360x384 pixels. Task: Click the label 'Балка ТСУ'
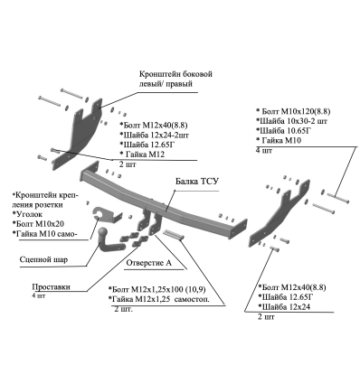coord(197,182)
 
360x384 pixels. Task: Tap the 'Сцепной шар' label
coord(43,259)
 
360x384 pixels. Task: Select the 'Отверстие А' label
coord(148,263)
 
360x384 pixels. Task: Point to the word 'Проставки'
coord(51,286)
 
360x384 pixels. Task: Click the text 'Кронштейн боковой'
coord(175,74)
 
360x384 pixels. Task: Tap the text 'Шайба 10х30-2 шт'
coord(292,121)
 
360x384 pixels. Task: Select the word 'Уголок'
coord(28,214)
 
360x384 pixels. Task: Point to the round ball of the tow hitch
coord(102,232)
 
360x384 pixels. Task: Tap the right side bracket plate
coord(279,212)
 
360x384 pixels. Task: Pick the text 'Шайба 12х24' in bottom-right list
coord(284,307)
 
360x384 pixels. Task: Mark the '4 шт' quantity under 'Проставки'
coord(39,295)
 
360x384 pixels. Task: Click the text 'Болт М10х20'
coord(38,224)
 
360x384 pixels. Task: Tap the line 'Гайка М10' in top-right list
coord(279,140)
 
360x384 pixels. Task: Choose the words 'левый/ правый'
coord(166,84)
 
